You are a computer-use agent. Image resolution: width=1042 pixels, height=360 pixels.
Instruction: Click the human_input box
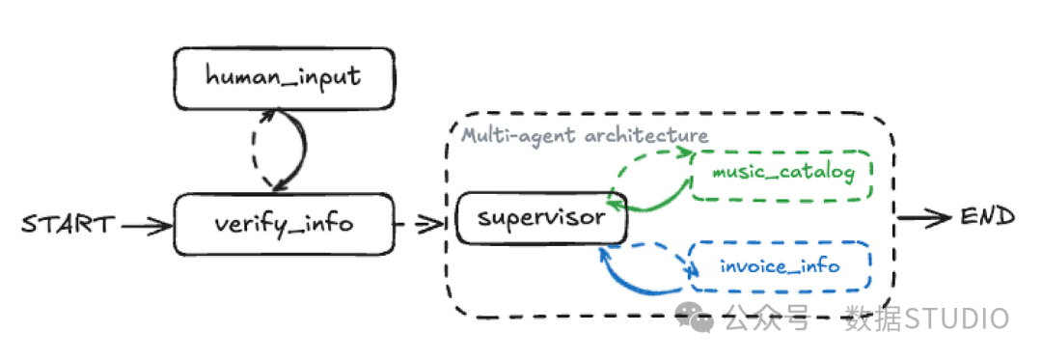tap(284, 78)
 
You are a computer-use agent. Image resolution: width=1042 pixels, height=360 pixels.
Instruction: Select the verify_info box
tap(284, 225)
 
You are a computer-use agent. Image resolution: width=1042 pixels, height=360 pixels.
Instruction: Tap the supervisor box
tap(541, 217)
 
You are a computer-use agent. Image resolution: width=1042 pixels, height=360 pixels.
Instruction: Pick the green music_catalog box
tap(782, 175)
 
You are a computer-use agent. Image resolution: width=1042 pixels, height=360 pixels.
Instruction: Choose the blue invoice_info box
tap(781, 266)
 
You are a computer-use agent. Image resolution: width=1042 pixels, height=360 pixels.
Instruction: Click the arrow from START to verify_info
tap(147, 227)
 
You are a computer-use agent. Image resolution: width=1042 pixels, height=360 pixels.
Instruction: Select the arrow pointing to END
tap(924, 217)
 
